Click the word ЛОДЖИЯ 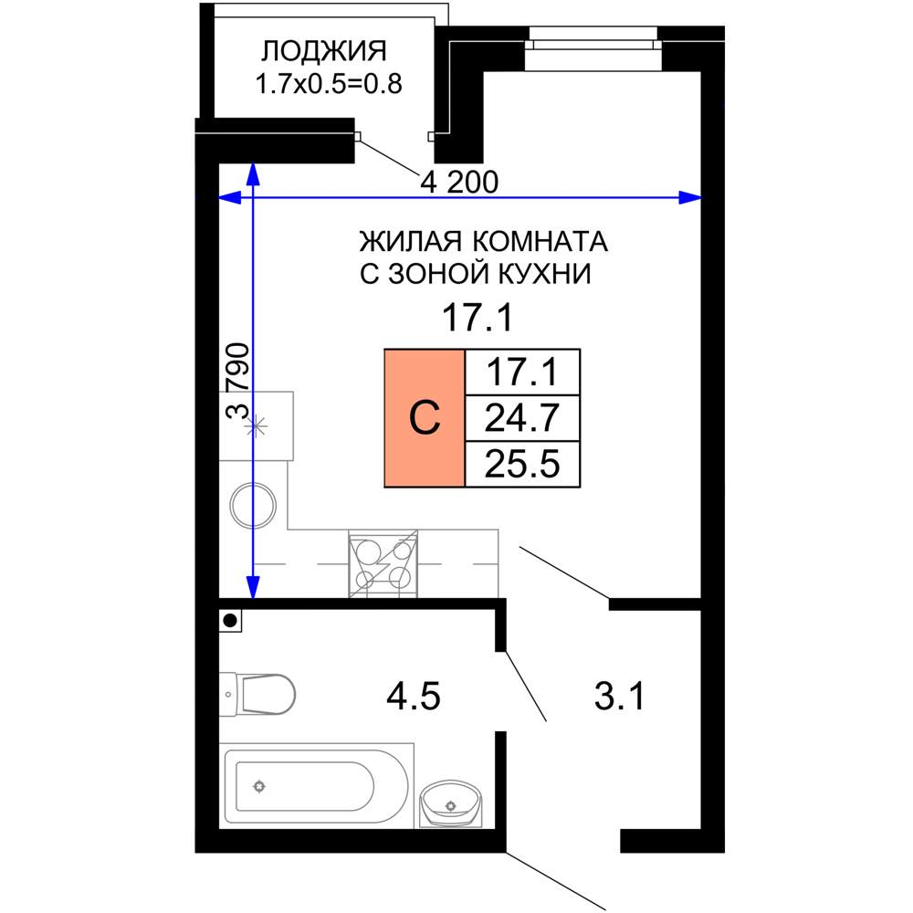(324, 49)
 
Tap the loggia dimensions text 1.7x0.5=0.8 (330, 85)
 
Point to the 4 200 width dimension (459, 183)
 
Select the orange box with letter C (425, 417)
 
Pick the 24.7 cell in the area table (522, 418)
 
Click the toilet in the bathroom (259, 694)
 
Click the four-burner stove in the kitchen (383, 564)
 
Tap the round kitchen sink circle (253, 505)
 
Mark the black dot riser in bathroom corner (231, 621)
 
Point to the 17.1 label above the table (476, 320)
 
